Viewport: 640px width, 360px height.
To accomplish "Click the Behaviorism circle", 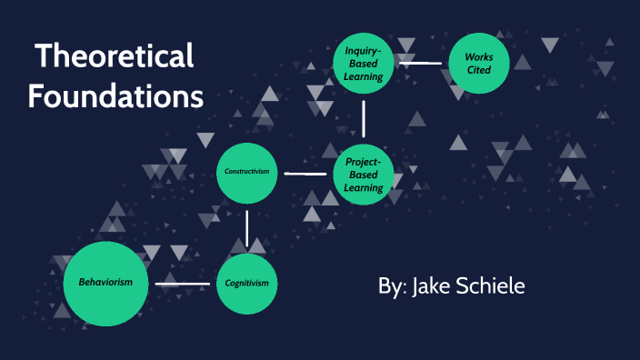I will coord(105,283).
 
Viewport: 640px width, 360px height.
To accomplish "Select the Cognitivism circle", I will coord(247,283).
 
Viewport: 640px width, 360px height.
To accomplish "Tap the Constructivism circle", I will coord(246,173).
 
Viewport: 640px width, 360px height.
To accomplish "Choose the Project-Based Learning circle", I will coord(364,174).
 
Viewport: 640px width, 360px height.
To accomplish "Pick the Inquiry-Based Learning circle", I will coord(364,64).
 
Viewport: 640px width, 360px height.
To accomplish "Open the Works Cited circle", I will coord(479,63).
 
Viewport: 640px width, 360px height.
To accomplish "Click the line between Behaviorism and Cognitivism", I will coord(182,284).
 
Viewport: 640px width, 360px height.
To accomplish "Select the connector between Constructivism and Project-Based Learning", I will coord(305,173).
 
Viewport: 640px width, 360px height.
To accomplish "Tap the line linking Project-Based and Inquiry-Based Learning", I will coord(364,118).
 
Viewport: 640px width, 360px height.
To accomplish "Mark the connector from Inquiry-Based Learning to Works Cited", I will coord(420,64).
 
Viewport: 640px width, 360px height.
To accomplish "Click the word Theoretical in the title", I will coord(115,56).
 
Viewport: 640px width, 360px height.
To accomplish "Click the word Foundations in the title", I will coord(115,95).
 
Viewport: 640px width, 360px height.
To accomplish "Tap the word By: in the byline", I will coord(392,286).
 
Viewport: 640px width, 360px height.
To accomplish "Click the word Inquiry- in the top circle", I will coord(364,51).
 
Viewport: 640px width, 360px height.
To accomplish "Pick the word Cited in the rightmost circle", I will coord(479,70).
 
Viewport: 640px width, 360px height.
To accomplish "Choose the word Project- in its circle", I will coord(364,161).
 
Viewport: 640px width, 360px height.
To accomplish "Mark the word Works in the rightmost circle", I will coord(479,55).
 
